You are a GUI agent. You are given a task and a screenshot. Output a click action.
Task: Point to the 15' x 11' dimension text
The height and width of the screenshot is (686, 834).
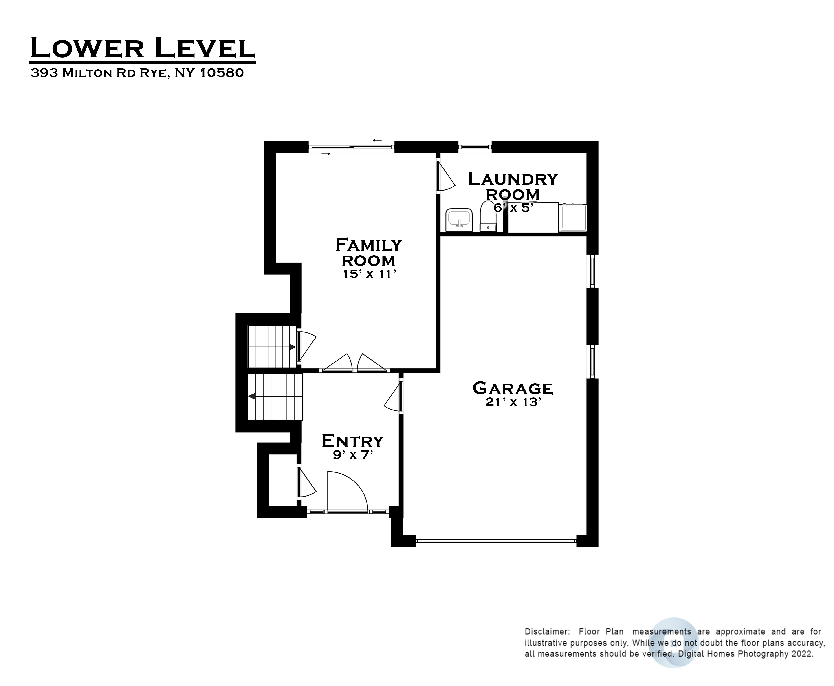point(369,274)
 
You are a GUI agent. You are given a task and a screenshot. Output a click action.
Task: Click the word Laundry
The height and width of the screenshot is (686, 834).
point(513,179)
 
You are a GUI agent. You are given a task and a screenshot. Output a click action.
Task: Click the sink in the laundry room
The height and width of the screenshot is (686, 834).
point(459,220)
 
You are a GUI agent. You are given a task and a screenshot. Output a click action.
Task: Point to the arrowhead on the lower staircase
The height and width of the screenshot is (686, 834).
point(251,396)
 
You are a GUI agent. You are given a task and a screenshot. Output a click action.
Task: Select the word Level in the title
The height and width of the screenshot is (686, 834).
point(205,48)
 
